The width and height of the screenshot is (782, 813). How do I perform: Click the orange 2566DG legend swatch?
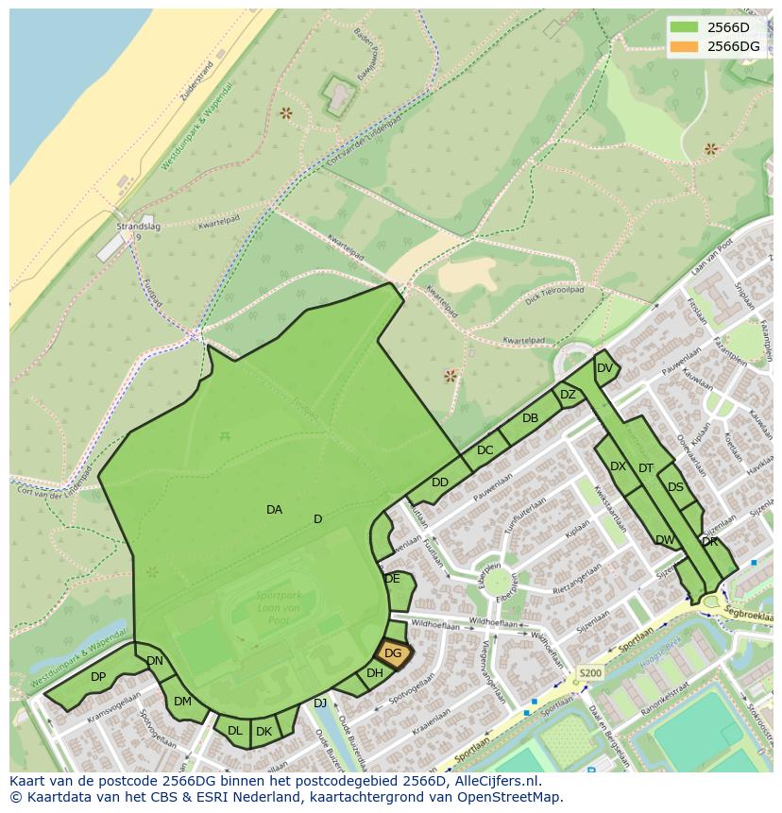685,46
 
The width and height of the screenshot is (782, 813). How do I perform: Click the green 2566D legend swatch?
685,26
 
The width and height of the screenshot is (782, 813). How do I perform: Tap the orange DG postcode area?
393,652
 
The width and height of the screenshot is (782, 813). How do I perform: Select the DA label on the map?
274,510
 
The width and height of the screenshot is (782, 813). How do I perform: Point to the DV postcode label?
605,368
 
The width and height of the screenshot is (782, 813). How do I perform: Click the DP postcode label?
98,677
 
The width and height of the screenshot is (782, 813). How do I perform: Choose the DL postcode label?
235,731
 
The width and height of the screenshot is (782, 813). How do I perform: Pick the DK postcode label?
264,732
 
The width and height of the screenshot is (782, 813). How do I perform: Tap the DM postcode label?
182,702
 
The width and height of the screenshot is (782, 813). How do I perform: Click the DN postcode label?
155,661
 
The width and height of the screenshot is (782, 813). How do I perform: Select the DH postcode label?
375,673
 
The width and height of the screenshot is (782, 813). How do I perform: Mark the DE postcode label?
393,579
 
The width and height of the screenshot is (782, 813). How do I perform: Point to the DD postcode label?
440,483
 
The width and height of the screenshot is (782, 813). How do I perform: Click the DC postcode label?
485,450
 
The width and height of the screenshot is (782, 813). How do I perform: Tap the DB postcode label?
530,418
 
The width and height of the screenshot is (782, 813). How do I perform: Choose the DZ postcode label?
568,395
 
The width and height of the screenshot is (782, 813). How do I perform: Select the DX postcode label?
619,466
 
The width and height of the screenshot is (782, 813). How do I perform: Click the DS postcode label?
675,487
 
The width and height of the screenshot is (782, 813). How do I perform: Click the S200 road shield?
589,673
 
